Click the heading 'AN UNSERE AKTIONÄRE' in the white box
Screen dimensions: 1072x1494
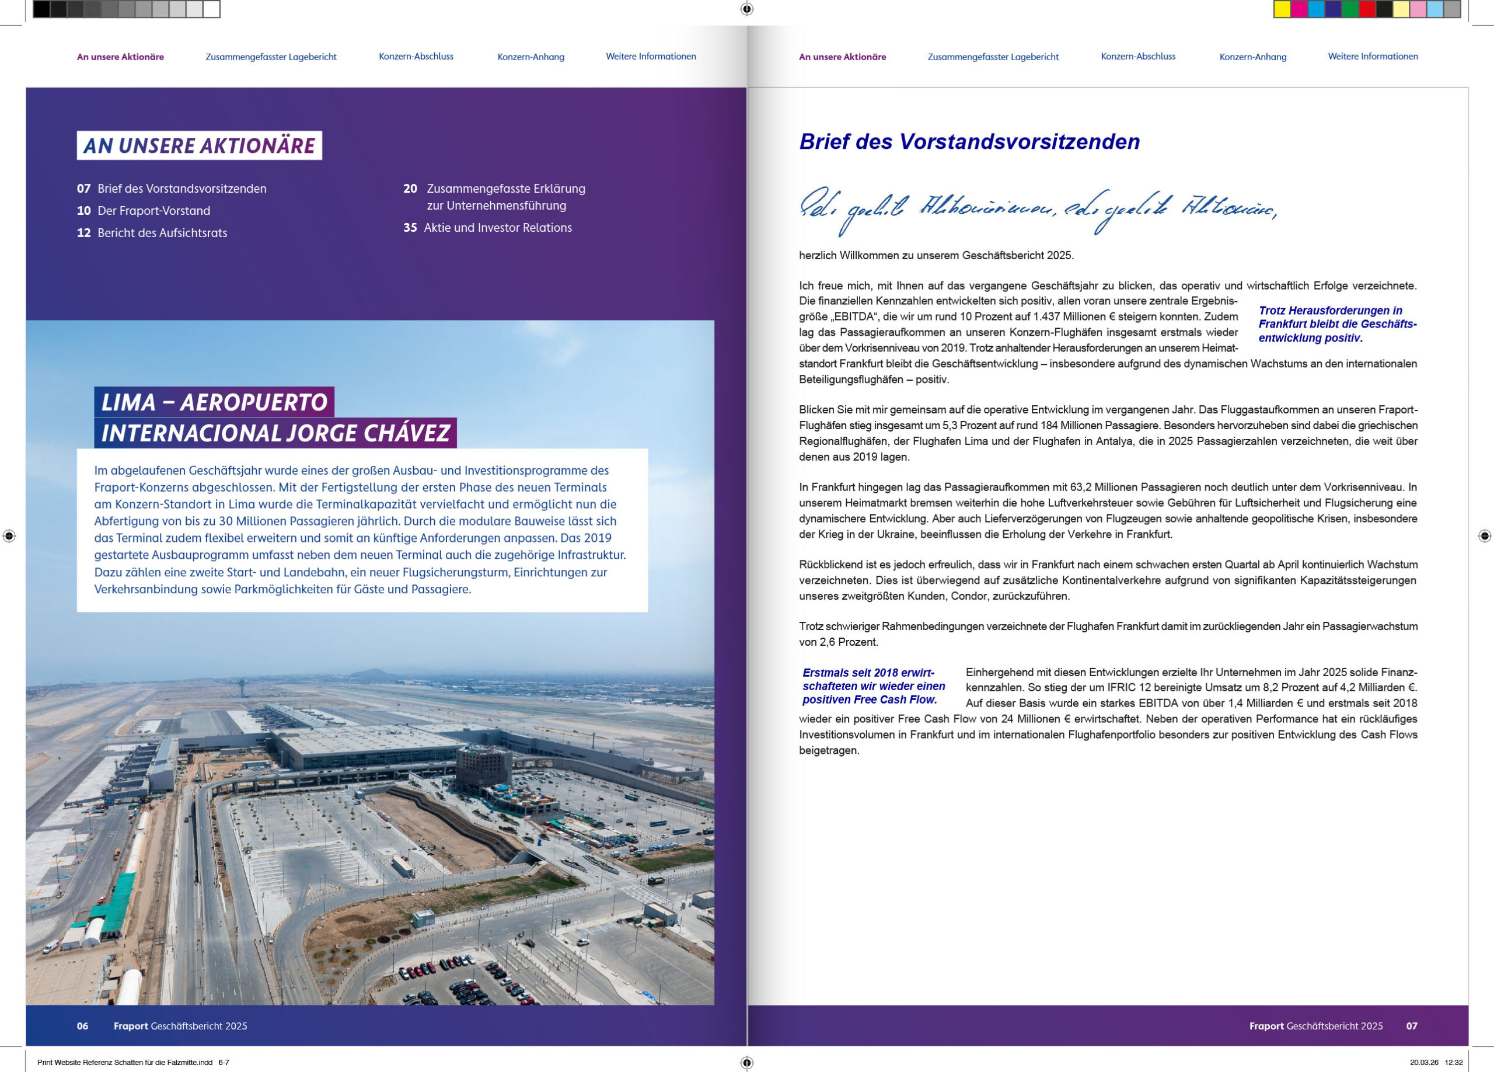199,145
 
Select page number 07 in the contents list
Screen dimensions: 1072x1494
83,189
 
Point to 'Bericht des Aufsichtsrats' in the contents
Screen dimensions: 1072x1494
162,232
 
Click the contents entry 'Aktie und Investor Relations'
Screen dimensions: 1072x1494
497,227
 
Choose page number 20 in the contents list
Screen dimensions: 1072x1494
410,189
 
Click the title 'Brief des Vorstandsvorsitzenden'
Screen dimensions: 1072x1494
969,142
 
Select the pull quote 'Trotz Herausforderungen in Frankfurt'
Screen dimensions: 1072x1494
1336,324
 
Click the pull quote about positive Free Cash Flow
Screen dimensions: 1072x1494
873,686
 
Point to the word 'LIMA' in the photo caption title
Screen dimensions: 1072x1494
128,402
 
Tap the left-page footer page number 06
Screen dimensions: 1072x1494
82,1026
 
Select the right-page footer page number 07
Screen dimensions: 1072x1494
1412,1026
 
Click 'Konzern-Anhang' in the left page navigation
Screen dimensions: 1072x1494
530,57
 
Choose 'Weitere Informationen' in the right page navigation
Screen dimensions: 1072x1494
1373,57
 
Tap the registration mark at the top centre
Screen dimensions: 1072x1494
746,9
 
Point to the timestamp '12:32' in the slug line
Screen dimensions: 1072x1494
1454,1062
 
